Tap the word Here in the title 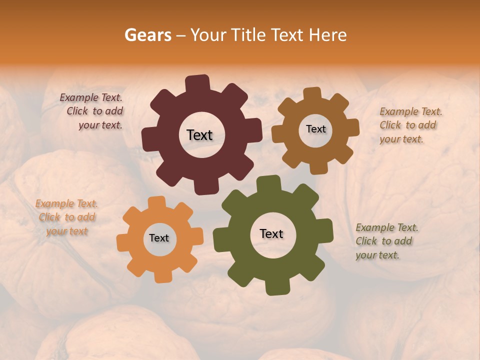coord(327,35)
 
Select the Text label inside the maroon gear coord(199,135)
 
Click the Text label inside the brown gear coord(315,129)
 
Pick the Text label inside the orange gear coord(159,238)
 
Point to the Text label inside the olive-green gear coord(271,233)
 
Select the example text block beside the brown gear coord(410,125)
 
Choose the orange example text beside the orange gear coord(67,217)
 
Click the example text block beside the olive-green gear coord(386,241)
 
